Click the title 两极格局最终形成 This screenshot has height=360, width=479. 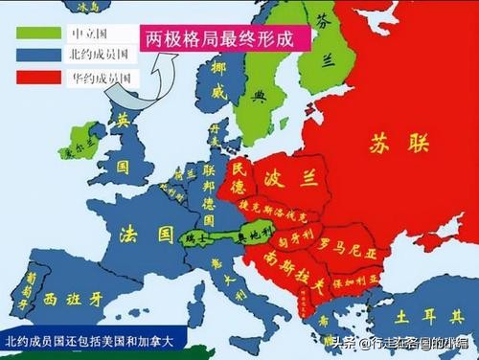tap(226, 39)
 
